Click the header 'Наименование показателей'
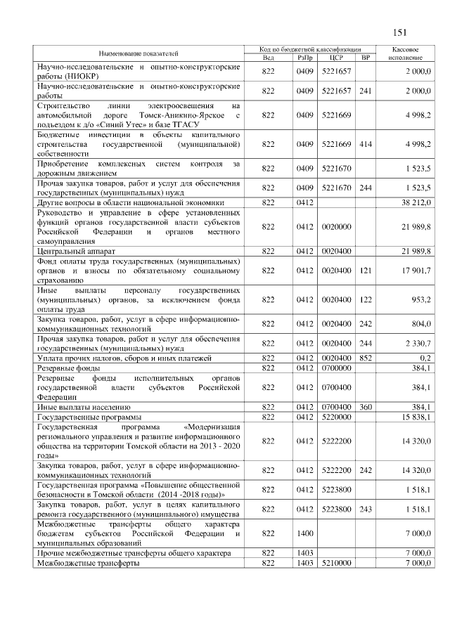click(139, 53)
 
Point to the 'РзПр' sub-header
click(304, 58)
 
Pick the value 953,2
click(420, 299)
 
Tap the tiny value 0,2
click(425, 358)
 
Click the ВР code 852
click(365, 358)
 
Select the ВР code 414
click(365, 144)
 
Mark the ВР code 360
click(365, 407)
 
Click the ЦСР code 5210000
click(335, 564)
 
